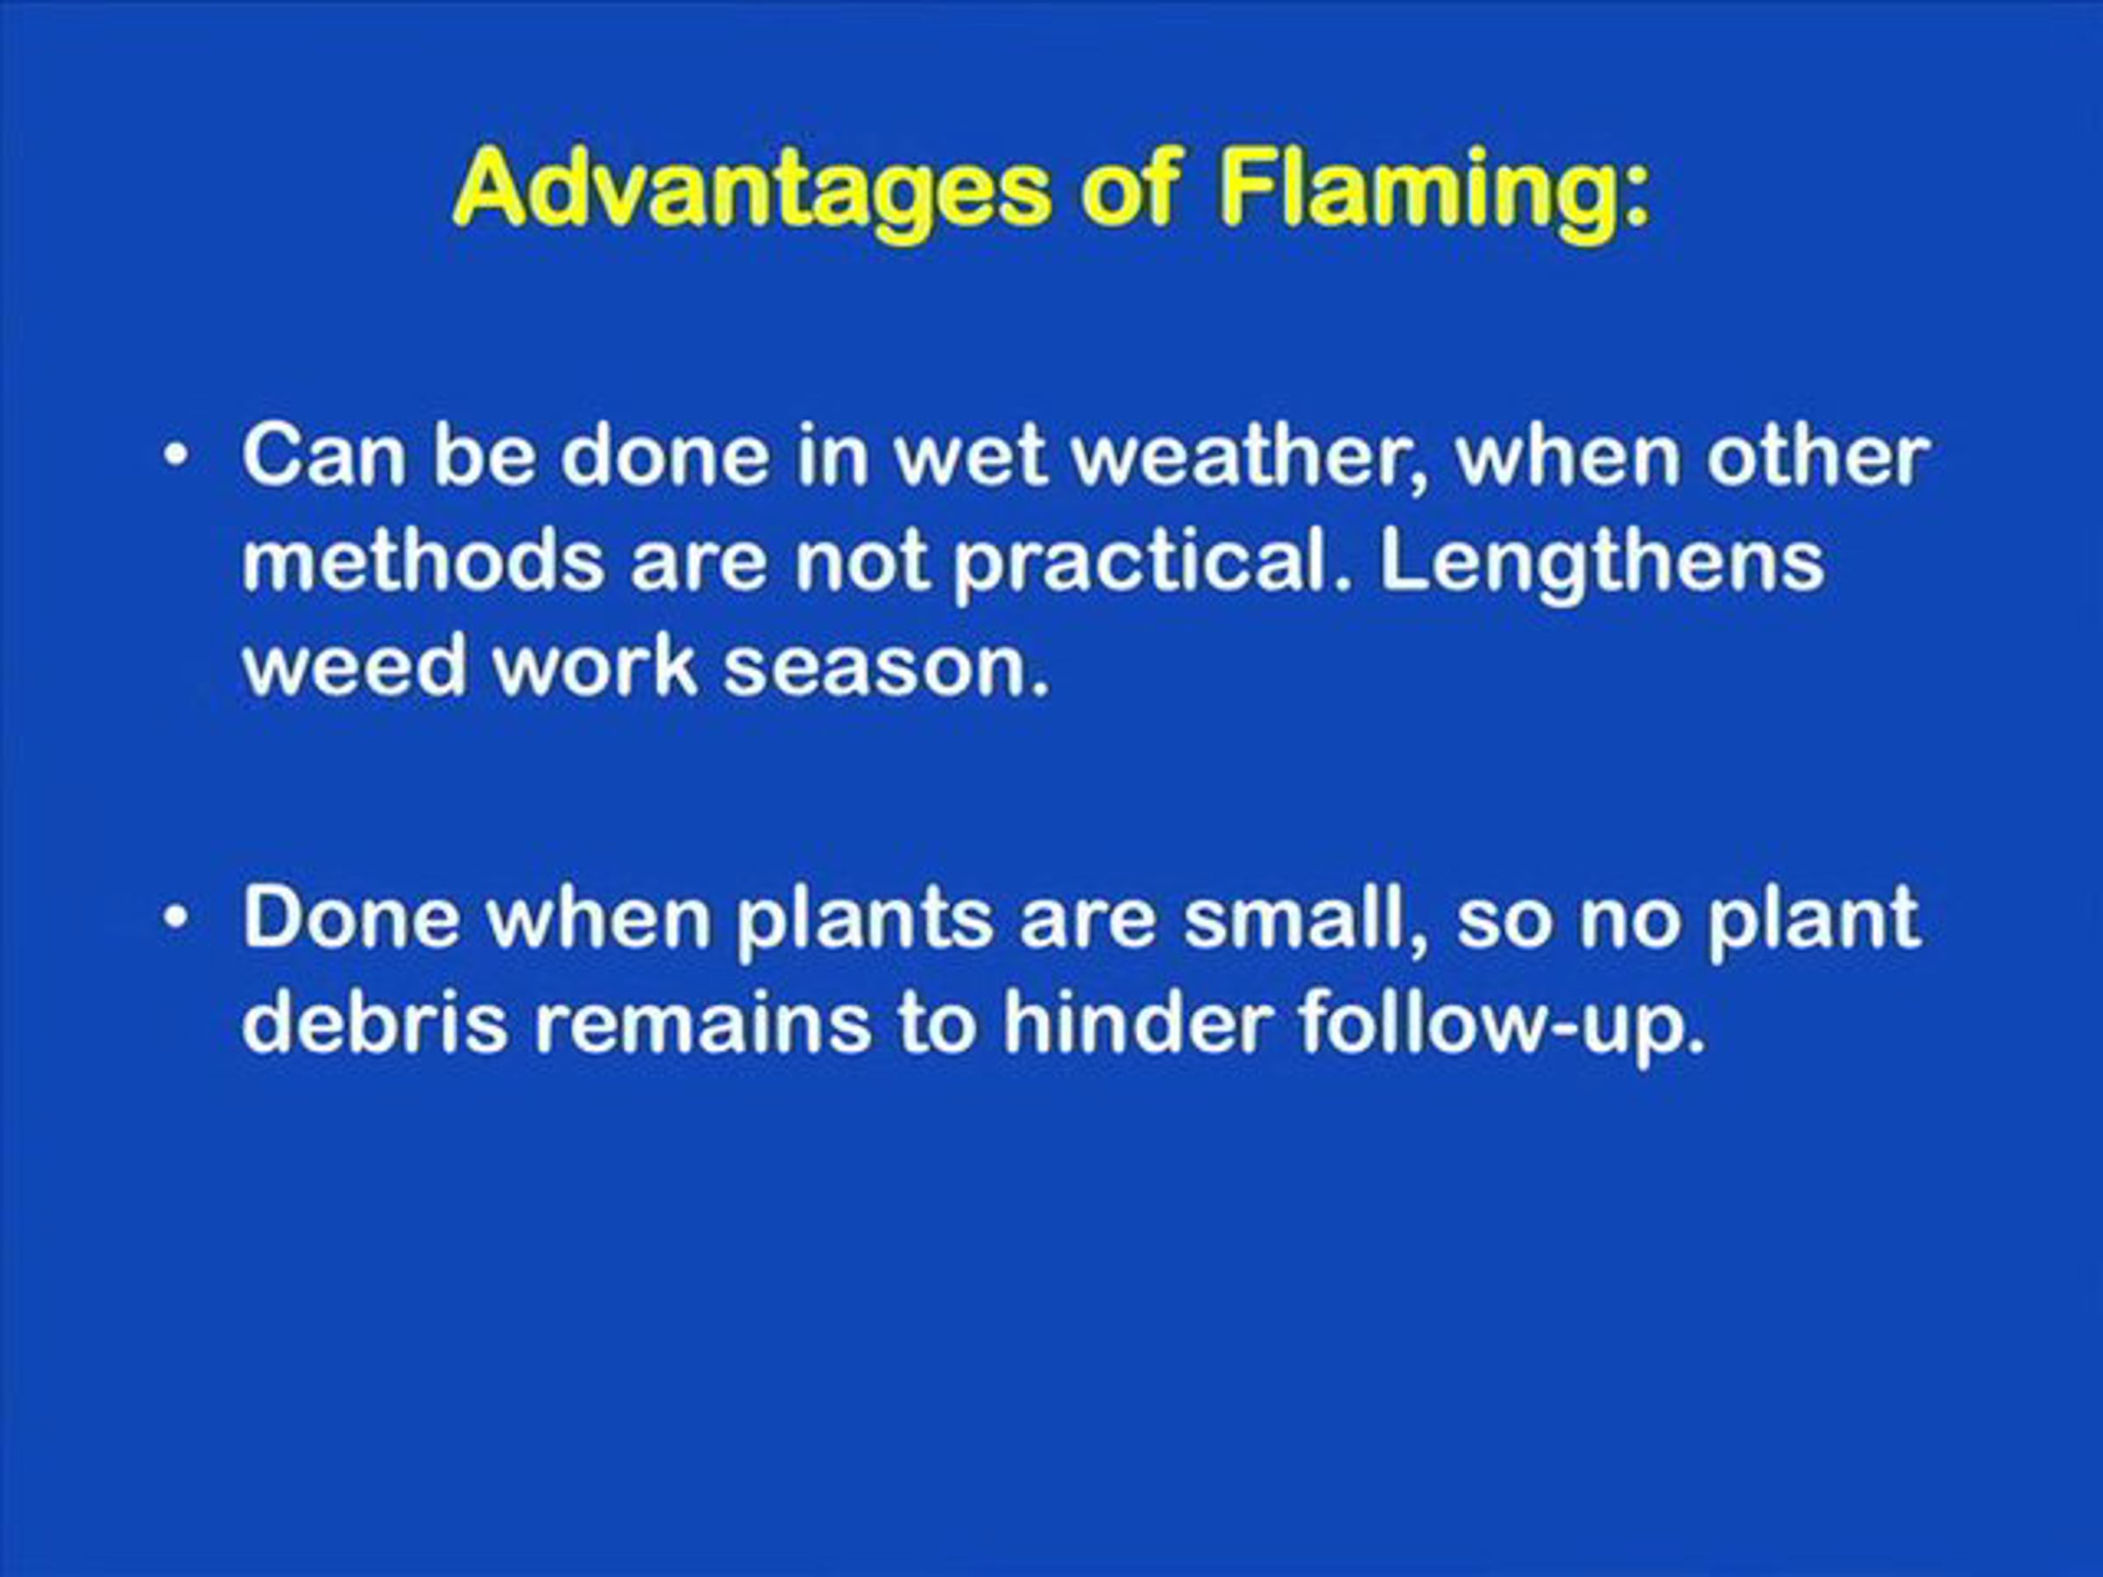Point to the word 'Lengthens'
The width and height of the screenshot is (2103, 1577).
click(x=1601, y=563)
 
